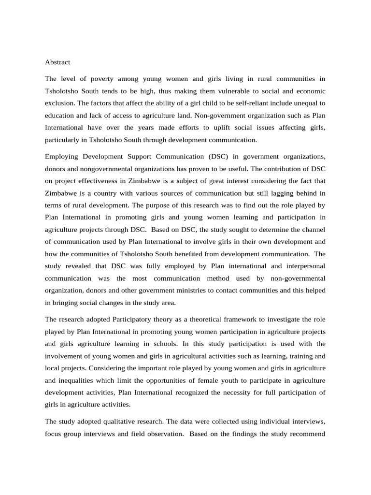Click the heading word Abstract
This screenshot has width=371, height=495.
(x=57, y=62)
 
